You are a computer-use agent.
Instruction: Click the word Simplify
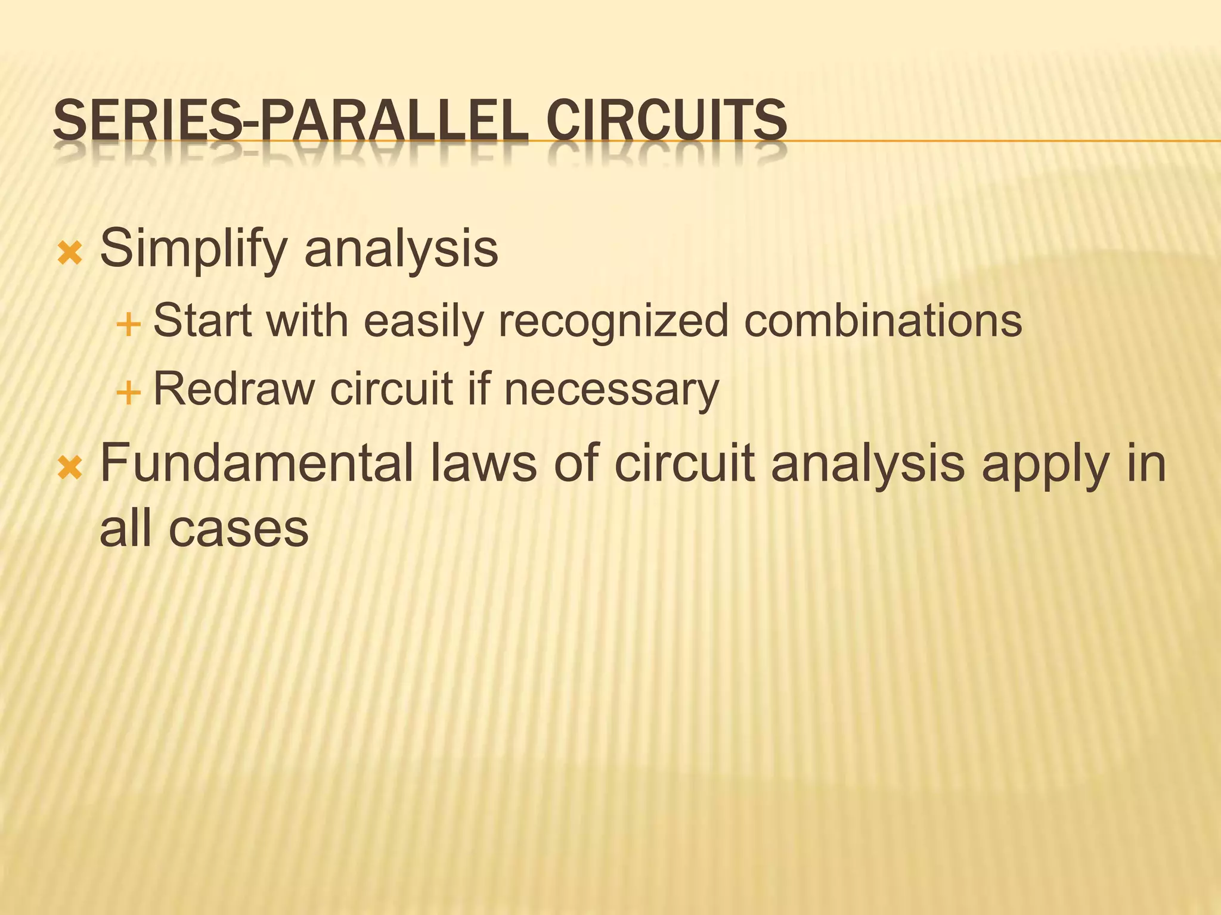tap(194, 249)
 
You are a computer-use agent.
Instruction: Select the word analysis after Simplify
tap(401, 249)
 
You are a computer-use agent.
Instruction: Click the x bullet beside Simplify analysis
tap(70, 254)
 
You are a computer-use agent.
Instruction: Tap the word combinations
tap(883, 321)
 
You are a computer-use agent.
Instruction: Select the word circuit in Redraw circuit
tap(391, 390)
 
